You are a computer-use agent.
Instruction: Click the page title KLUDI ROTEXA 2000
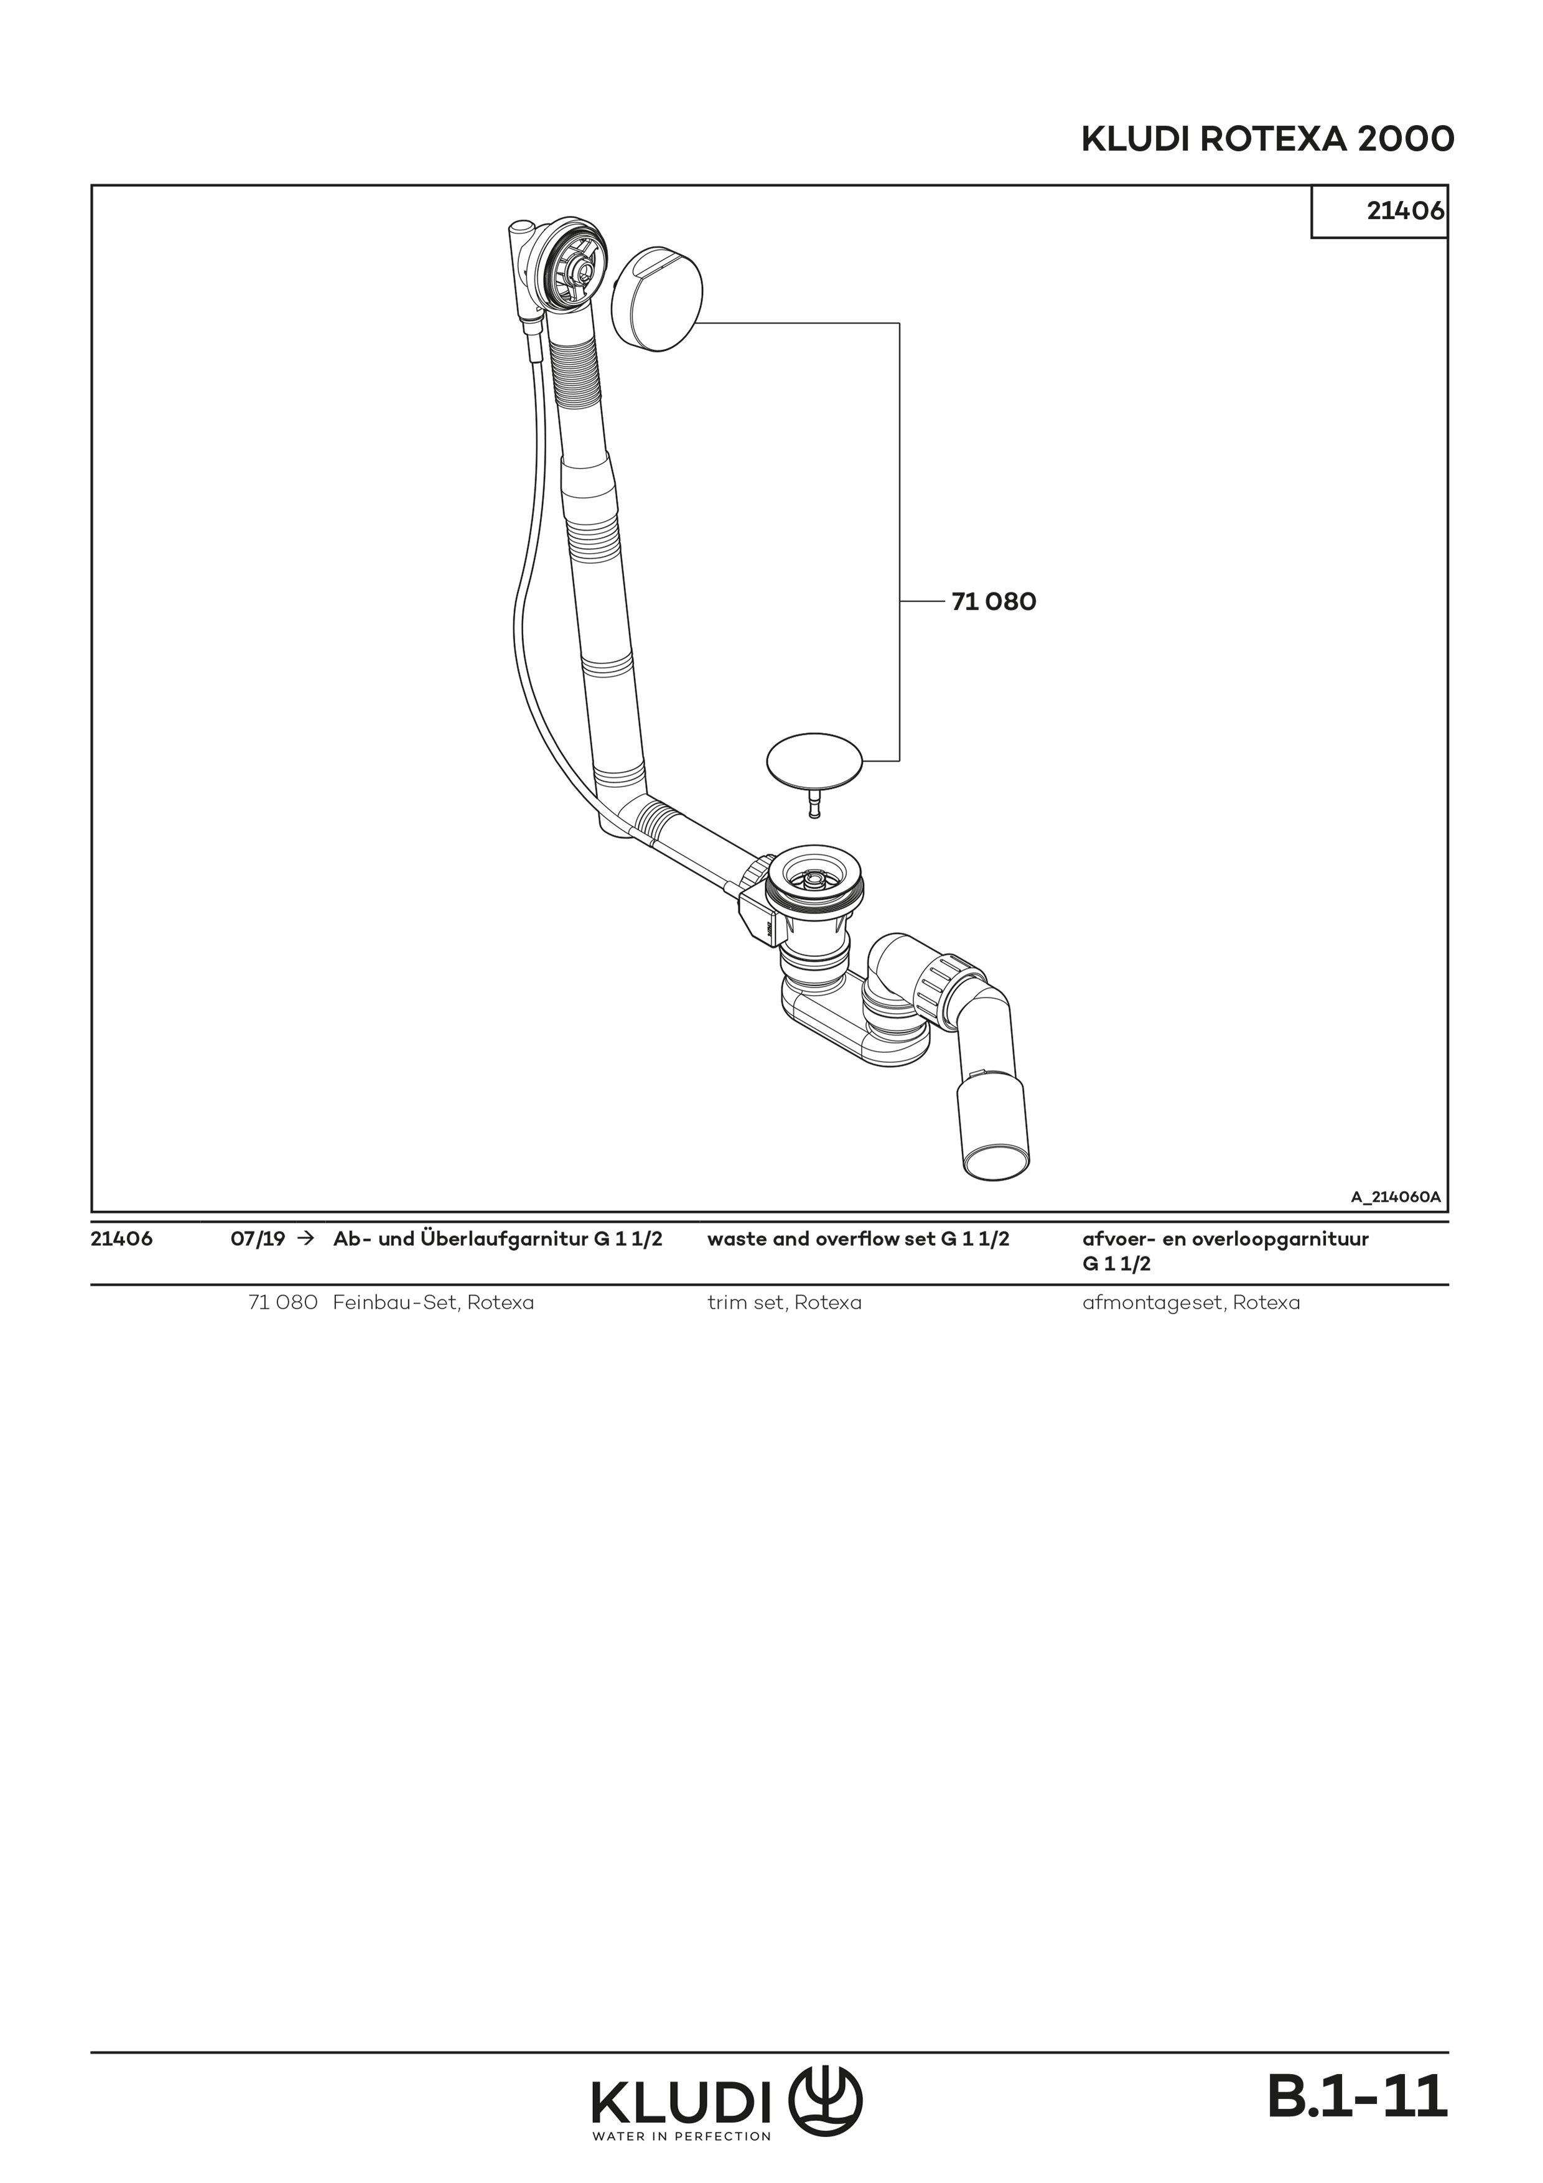[x=1267, y=140]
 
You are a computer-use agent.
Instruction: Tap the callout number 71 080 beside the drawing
[x=994, y=602]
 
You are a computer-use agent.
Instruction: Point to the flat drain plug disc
[x=815, y=759]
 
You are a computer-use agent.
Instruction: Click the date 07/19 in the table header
[x=258, y=1240]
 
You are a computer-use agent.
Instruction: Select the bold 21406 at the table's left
[x=122, y=1240]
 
